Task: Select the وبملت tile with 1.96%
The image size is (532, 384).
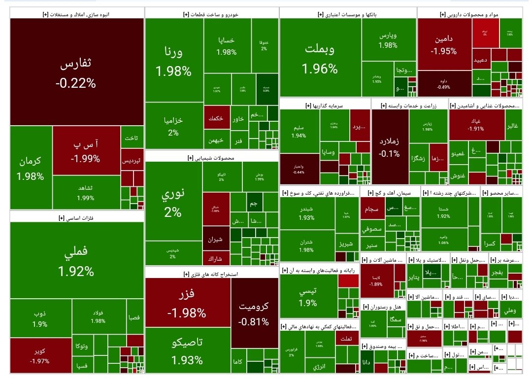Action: pos(320,58)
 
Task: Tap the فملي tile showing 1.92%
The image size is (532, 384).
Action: pos(76,260)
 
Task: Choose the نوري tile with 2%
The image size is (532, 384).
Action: pos(173,203)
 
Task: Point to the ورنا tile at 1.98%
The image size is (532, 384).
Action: pos(173,61)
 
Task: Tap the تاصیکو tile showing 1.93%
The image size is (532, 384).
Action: pos(187,350)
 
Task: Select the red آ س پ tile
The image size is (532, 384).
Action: pos(86,150)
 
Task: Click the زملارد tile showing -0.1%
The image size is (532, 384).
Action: pos(390,145)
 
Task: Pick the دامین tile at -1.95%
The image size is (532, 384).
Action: pos(443,44)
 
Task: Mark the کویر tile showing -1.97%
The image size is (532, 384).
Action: pos(40,356)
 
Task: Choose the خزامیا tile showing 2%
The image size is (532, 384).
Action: pos(173,126)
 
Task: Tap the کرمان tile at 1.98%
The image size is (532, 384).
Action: pos(30,168)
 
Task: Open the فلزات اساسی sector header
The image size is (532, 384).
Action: pos(76,217)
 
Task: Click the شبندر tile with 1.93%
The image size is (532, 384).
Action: pos(306,213)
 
